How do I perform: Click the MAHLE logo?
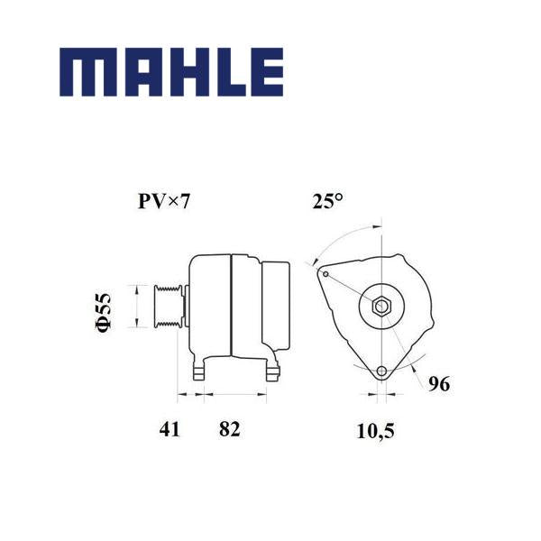(171, 72)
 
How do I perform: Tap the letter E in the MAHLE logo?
(267, 72)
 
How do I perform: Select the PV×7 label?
(164, 201)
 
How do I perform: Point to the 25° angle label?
(328, 201)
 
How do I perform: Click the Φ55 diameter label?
(104, 312)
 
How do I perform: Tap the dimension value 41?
(170, 429)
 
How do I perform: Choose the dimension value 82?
(229, 429)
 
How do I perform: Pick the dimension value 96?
(439, 384)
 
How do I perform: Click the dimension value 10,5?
(375, 431)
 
